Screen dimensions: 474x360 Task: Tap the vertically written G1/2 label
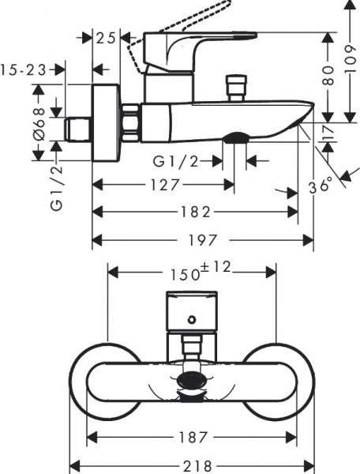coord(56,183)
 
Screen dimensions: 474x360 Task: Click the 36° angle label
coord(320,186)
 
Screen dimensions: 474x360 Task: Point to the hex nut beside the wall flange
coord(131,122)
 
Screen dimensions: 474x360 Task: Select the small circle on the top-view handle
coord(190,320)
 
